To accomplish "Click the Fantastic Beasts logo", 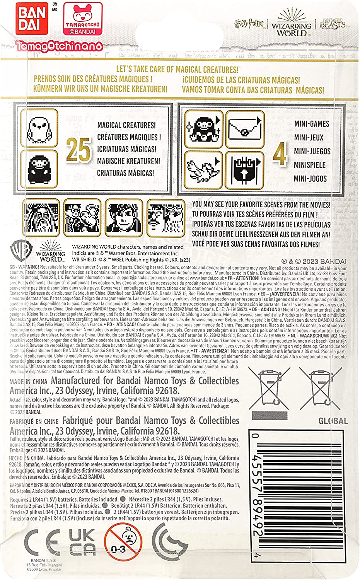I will pos(333,24).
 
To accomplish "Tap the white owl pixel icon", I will pos(39,128).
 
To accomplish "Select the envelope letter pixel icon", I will pos(245,129).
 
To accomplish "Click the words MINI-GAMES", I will pos(311,124).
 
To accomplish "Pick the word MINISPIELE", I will pos(310,165).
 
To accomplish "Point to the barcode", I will pos(302,495).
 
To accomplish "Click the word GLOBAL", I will pos(333,421).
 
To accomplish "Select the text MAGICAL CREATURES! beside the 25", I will pos(126,125).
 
